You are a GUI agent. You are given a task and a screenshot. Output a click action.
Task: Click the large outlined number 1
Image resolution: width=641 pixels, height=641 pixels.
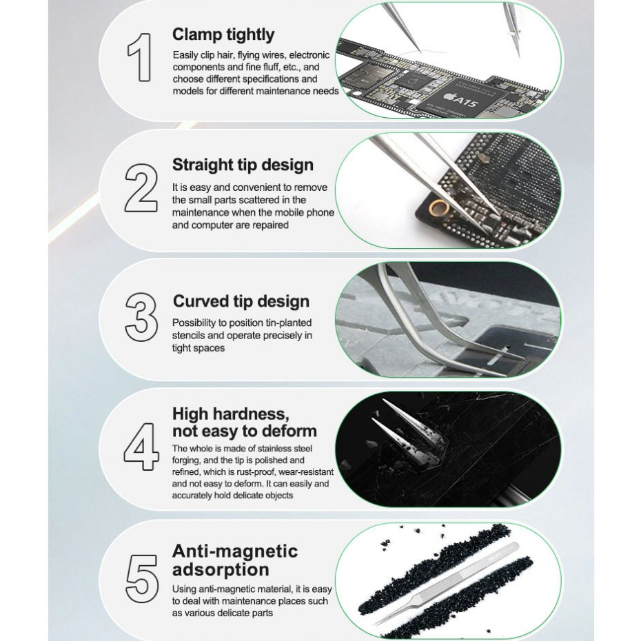tap(141, 57)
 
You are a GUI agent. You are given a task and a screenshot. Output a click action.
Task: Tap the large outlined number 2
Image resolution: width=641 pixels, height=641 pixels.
tap(141, 187)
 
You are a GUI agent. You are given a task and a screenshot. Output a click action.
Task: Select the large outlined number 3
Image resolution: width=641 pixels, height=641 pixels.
tap(141, 317)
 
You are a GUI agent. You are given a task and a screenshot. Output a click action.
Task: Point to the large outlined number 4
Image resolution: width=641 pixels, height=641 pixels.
tap(141, 447)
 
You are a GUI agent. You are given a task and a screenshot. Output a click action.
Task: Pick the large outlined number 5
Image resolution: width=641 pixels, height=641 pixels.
tap(141, 578)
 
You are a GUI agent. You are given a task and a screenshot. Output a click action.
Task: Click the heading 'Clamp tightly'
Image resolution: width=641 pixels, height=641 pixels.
tap(223, 35)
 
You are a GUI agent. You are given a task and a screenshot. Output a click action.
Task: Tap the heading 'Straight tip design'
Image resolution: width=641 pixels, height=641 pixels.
tap(243, 165)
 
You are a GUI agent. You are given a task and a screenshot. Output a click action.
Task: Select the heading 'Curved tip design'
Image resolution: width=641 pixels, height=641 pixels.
tap(241, 301)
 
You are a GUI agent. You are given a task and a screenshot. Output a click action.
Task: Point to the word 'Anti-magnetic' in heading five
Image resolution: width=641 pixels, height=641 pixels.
tap(234, 552)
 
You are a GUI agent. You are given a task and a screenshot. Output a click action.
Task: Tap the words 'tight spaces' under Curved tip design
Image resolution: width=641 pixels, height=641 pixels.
tap(199, 348)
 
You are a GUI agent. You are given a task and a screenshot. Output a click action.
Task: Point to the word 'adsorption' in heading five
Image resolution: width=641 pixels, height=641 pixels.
tap(221, 570)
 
